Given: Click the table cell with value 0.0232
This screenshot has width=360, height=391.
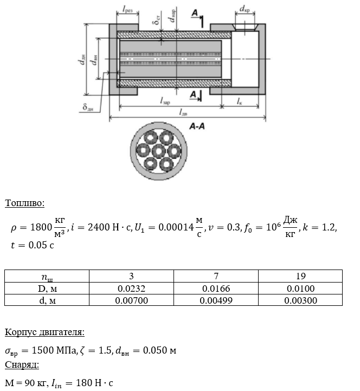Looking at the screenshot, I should click(x=132, y=289).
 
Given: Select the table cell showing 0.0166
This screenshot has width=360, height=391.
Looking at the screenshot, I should click(x=216, y=289).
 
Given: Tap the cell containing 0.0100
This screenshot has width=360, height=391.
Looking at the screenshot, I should click(x=300, y=289).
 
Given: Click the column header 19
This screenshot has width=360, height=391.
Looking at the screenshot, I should click(x=300, y=277).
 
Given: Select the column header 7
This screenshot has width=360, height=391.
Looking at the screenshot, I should click(x=216, y=277).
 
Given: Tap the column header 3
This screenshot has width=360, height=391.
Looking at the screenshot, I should click(x=132, y=277).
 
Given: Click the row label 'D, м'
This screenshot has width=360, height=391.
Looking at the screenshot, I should click(x=48, y=289).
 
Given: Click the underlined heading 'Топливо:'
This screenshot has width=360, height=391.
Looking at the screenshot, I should click(x=24, y=204).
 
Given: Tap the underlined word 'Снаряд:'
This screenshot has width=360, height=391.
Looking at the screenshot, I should click(x=22, y=365).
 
